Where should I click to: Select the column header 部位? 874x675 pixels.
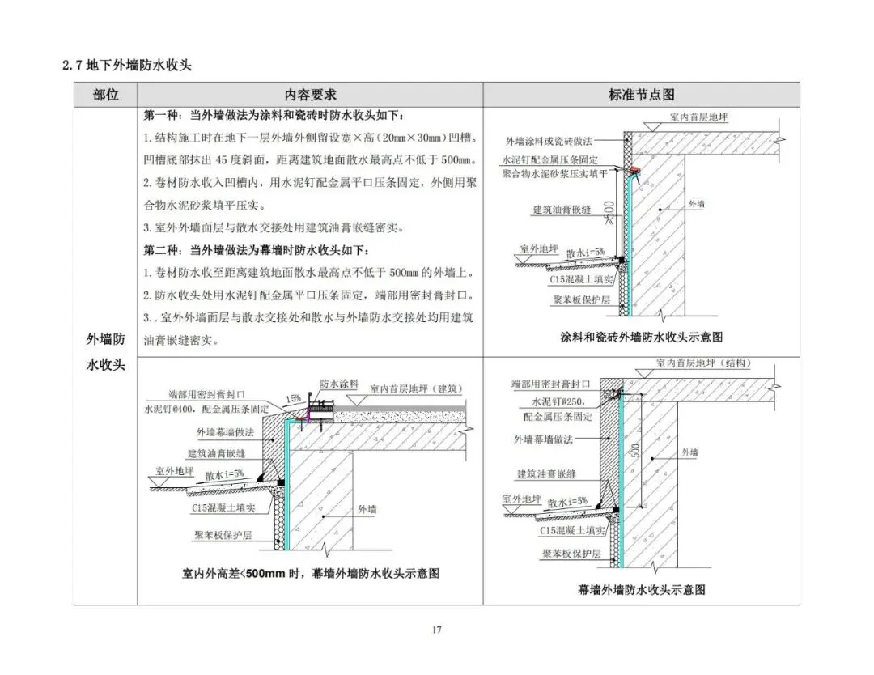click(105, 95)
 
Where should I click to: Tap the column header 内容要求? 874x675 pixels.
click(310, 95)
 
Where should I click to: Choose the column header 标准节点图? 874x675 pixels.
click(641, 95)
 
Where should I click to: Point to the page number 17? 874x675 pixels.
click(436, 630)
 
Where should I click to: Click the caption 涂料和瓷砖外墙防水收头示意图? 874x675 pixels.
click(641, 337)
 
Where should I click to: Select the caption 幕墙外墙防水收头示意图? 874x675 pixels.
click(643, 589)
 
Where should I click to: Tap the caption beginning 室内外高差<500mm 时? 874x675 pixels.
click(310, 574)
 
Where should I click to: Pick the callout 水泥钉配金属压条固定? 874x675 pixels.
click(550, 160)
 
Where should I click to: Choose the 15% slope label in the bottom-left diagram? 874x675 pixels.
click(293, 398)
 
